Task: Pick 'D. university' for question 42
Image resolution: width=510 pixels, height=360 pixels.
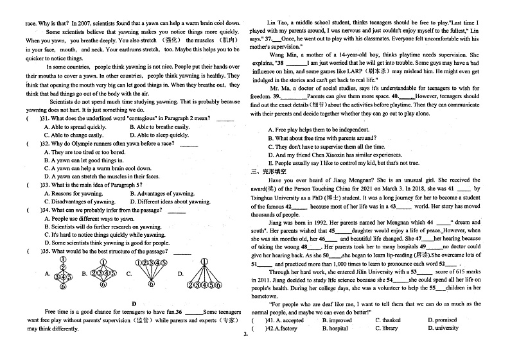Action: pos(444,328)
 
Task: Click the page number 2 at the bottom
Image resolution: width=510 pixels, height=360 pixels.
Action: pos(245,334)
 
